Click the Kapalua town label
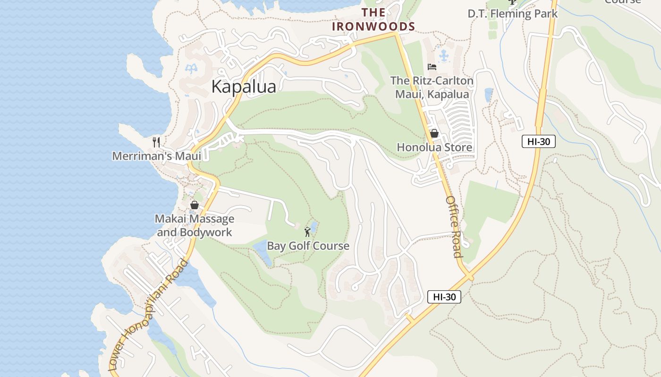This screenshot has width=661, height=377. [x=244, y=87]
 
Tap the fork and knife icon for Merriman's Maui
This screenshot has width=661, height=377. [x=157, y=142]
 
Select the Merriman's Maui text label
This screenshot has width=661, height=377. [x=156, y=156]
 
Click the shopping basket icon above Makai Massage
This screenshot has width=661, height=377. [x=194, y=205]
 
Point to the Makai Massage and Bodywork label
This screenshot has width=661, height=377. [x=195, y=226]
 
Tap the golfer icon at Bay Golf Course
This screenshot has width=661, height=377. [x=308, y=231]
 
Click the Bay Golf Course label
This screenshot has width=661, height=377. [x=308, y=246]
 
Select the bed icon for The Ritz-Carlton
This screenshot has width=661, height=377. [x=432, y=67]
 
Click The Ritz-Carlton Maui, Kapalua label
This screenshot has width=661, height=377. [x=432, y=88]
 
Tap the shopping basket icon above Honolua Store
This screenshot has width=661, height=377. [x=434, y=133]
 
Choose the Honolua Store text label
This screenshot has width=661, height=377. [x=434, y=148]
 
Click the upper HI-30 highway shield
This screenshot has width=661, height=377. [x=538, y=141]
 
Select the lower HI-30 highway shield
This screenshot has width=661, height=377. [x=444, y=297]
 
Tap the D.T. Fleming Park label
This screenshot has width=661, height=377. [x=512, y=14]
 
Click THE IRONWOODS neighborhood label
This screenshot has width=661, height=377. [x=373, y=20]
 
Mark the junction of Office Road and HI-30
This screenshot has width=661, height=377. [x=469, y=276]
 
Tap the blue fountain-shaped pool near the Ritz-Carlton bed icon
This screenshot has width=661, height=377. [x=444, y=56]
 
